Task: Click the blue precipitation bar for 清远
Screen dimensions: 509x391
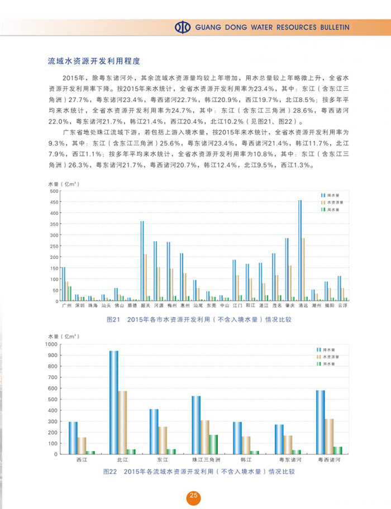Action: tap(300, 251)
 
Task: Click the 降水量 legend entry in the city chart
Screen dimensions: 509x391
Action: tap(331, 195)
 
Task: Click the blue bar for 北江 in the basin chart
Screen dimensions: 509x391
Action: tap(113, 402)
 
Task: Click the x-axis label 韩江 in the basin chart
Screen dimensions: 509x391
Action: tap(238, 460)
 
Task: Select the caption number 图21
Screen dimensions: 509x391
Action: tap(113, 320)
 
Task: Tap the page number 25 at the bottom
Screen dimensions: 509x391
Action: tap(194, 496)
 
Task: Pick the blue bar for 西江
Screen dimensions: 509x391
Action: tap(73, 438)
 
